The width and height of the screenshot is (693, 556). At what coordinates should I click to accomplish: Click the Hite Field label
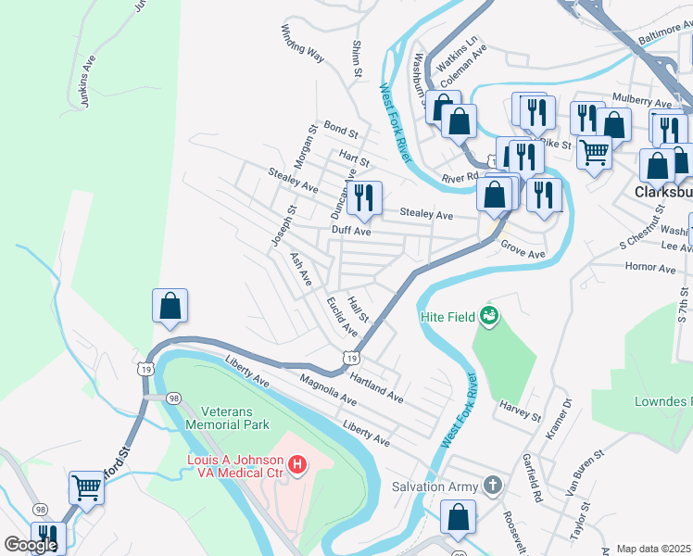447,317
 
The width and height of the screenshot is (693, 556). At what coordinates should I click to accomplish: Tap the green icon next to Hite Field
488,318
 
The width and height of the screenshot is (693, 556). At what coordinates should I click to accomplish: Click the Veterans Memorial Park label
227,418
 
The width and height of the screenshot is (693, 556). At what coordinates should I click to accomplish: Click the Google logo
31,545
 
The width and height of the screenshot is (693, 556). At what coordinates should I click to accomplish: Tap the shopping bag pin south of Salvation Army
458,519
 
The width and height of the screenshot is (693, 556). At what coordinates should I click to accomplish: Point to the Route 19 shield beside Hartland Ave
350,357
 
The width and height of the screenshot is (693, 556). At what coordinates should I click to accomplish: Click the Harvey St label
519,411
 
